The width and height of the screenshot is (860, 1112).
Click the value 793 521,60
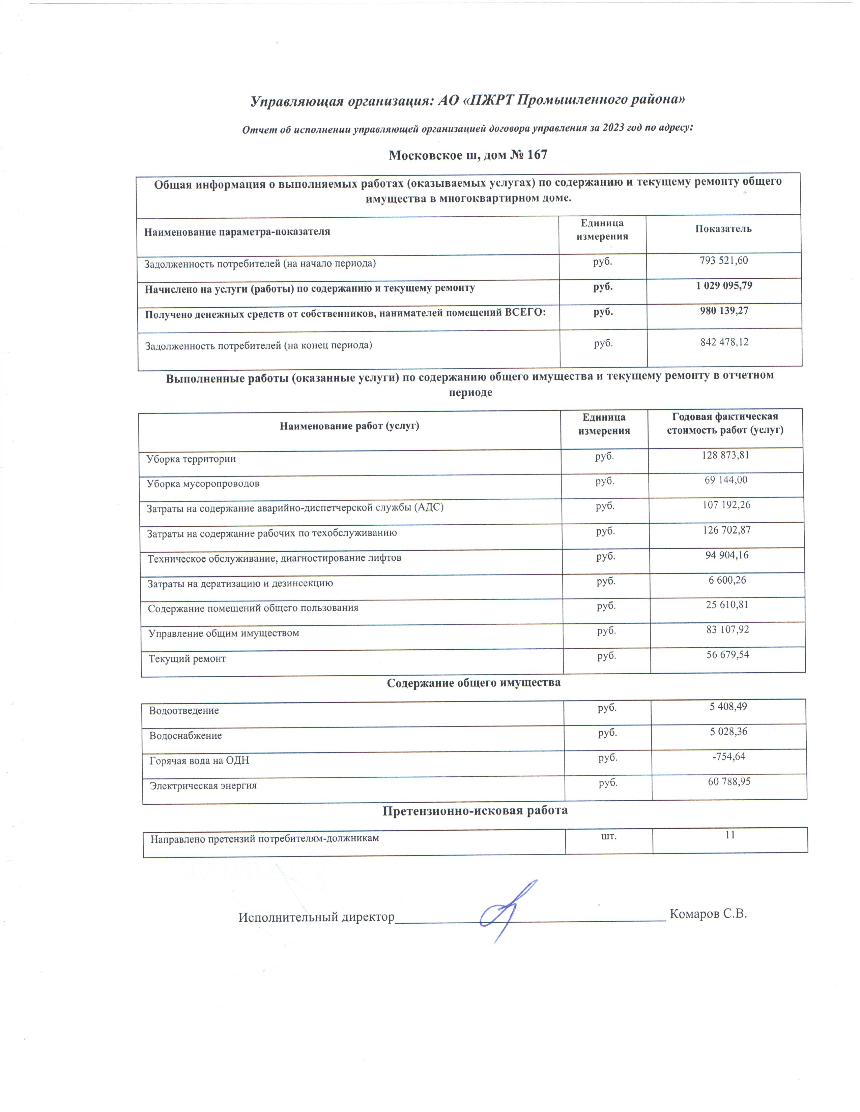[x=723, y=261]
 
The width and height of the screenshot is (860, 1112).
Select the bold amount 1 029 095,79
[x=723, y=286]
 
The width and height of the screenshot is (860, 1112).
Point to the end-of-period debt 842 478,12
[x=724, y=342]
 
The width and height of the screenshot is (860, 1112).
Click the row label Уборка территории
[x=191, y=459]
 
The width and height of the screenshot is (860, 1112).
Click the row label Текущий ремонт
[x=187, y=659]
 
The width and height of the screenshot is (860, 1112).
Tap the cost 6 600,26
[x=727, y=580]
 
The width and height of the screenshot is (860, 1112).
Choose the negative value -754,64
[x=728, y=756]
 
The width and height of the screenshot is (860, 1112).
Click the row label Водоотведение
[x=184, y=711]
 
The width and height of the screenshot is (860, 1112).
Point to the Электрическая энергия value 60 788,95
[x=729, y=781]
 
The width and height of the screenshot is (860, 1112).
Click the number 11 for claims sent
[x=730, y=835]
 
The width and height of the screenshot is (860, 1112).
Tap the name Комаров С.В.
[x=708, y=914]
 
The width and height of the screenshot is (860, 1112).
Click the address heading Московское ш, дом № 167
[x=468, y=155]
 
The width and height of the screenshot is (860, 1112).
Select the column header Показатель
[x=723, y=228]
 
